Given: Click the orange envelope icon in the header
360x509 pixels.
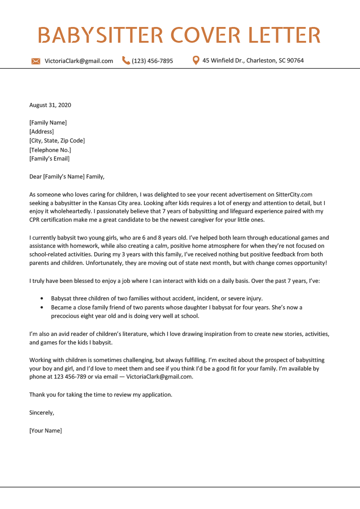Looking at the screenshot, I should tap(36, 61).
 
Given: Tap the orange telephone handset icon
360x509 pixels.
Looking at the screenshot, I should tap(126, 61).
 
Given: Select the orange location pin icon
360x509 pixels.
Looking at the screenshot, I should tap(196, 60).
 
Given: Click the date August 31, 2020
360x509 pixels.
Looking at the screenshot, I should tap(50, 105).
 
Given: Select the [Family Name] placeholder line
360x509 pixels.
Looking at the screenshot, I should tap(48, 123).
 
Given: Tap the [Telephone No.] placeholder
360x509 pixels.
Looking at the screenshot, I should tap(50, 150).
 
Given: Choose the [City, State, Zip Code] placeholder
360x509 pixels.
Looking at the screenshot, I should tap(57, 141).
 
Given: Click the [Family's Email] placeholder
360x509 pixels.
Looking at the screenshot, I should tap(49, 159).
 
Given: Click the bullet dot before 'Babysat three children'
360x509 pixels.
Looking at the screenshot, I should tap(42, 299).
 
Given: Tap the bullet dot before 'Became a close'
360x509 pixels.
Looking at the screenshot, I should tap(42, 308).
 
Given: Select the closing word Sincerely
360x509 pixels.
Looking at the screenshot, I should tap(41, 412).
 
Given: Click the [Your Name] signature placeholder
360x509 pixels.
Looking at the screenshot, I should tap(45, 430).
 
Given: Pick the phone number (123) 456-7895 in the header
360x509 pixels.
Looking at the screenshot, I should tap(152, 61).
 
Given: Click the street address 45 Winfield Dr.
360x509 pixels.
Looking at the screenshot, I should tap(223, 61).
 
